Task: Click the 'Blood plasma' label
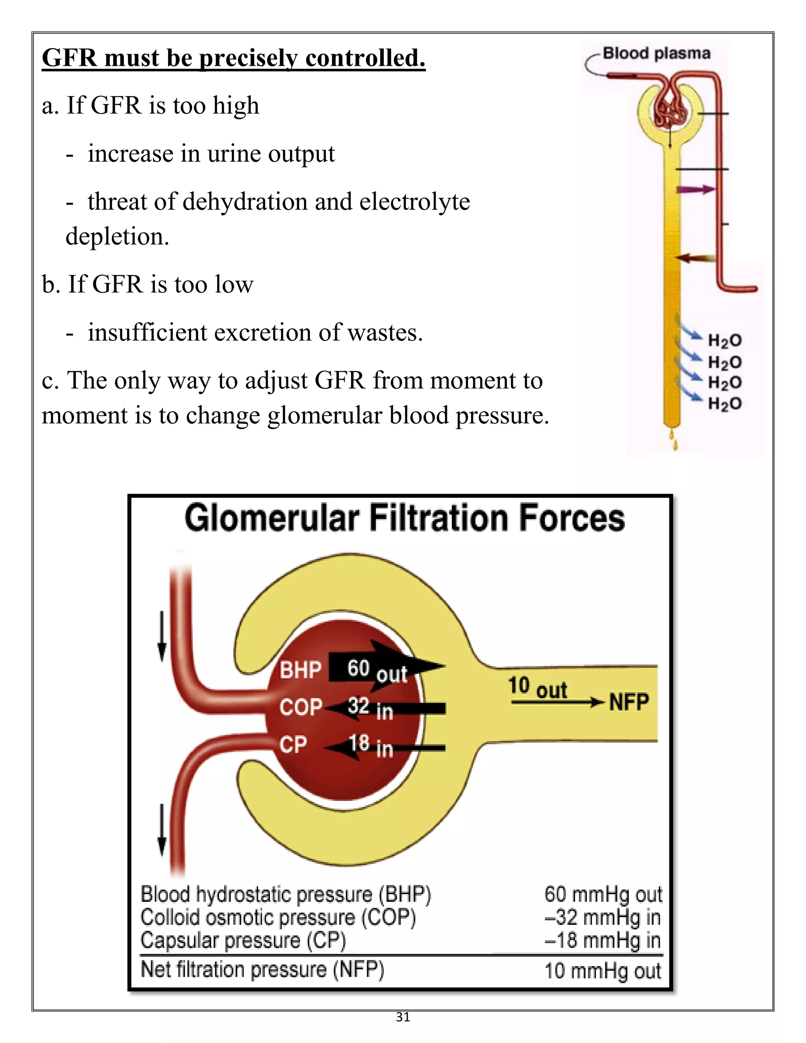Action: click(x=656, y=53)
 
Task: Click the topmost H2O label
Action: click(x=725, y=340)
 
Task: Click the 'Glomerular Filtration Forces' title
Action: click(x=405, y=519)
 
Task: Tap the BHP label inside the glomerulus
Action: click(x=300, y=669)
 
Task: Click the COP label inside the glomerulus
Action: click(x=301, y=707)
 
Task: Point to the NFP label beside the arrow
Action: click(x=629, y=702)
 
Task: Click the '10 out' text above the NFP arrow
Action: click(x=537, y=688)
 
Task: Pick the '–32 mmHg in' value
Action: click(x=603, y=917)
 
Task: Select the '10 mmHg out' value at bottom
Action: click(x=603, y=971)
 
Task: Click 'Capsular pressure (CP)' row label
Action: click(x=243, y=940)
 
